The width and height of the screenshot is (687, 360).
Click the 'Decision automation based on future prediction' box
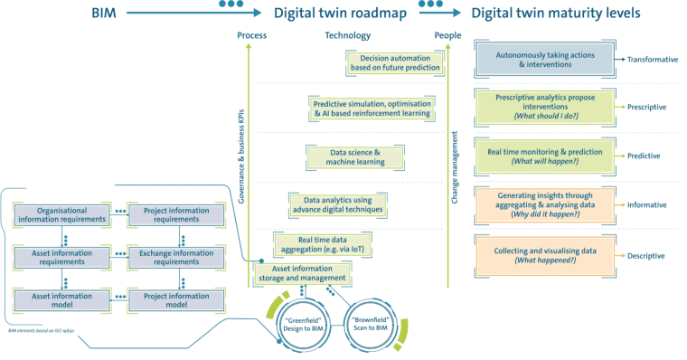pos(395,62)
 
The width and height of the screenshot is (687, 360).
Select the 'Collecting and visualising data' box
pos(545,255)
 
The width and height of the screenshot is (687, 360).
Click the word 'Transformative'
pos(654,59)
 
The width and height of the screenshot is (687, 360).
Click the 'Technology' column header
pos(347,35)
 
